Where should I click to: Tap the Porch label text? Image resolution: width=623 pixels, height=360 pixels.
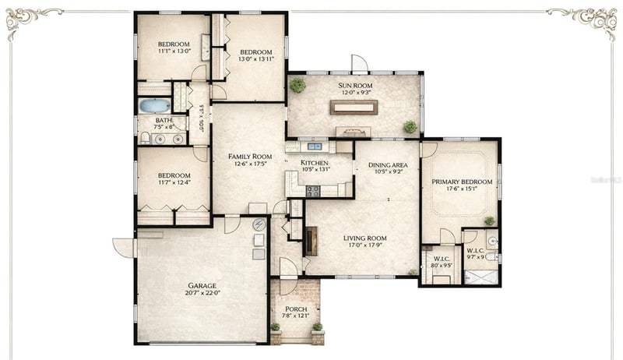pyautogui.click(x=295, y=309)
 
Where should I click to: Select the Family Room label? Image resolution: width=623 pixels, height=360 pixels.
pyautogui.click(x=249, y=157)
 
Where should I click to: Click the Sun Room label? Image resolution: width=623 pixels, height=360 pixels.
pyautogui.click(x=354, y=85)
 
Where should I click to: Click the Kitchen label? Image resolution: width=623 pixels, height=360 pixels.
pyautogui.click(x=315, y=163)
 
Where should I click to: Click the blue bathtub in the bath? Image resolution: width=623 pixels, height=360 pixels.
pyautogui.click(x=154, y=105)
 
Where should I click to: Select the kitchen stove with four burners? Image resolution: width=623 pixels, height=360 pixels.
pyautogui.click(x=312, y=189)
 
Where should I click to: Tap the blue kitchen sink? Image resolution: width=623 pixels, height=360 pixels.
pyautogui.click(x=315, y=146)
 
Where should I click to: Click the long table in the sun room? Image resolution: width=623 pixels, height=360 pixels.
pyautogui.click(x=354, y=107)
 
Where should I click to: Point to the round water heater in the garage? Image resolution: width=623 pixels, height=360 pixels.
pyautogui.click(x=259, y=225)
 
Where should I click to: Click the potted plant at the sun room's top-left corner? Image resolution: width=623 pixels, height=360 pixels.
pyautogui.click(x=297, y=85)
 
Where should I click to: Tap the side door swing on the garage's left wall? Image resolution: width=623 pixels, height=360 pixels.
pyautogui.click(x=123, y=247)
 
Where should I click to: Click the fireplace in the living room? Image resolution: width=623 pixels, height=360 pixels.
pyautogui.click(x=311, y=241)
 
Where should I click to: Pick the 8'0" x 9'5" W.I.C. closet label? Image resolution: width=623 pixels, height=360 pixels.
pyautogui.click(x=441, y=262)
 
